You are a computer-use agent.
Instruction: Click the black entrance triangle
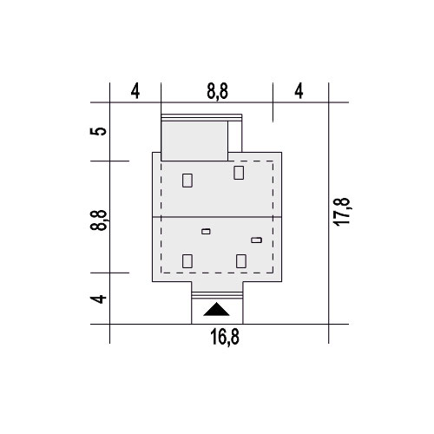216,309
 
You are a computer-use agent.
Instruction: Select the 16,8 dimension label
225,338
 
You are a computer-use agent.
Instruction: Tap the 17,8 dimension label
341,212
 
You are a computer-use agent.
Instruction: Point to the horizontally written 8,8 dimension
217,91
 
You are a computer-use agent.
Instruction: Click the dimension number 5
98,131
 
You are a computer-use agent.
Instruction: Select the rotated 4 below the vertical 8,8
98,299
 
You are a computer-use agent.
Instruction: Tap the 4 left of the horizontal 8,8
135,91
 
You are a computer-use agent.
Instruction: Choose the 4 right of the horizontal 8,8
299,91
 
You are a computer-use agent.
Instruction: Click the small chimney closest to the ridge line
206,232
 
